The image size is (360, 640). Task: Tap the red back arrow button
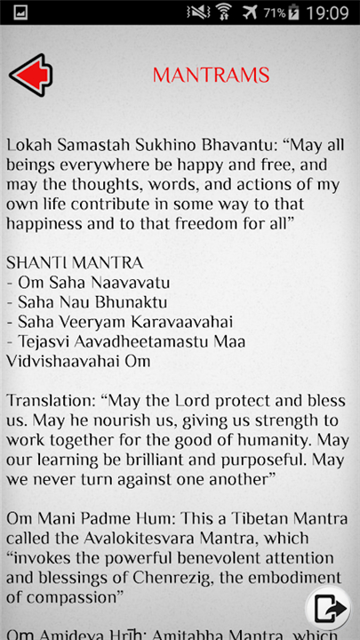click(30, 75)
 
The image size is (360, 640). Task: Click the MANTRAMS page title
click(211, 76)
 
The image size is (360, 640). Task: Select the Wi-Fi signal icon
click(222, 13)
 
